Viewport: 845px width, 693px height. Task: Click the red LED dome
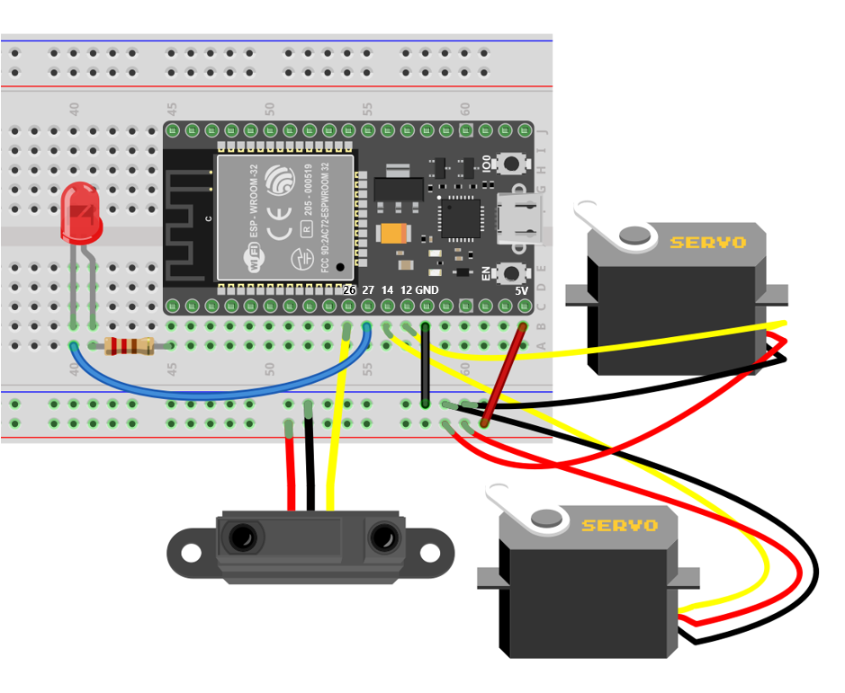[80, 213]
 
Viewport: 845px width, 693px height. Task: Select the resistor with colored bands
[127, 346]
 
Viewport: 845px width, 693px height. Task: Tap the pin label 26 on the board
[349, 290]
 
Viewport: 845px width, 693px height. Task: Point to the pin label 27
[368, 290]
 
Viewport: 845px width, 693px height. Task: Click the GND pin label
[427, 290]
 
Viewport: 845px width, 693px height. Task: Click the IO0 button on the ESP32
[513, 164]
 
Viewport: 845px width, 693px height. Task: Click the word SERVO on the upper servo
[707, 242]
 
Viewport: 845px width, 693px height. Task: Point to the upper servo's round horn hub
[636, 235]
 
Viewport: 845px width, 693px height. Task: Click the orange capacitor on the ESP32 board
[396, 234]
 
